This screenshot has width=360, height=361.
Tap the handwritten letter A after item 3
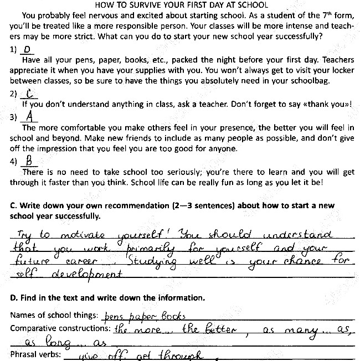click(x=31, y=117)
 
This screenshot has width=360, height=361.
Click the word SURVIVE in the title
click(x=145, y=4)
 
